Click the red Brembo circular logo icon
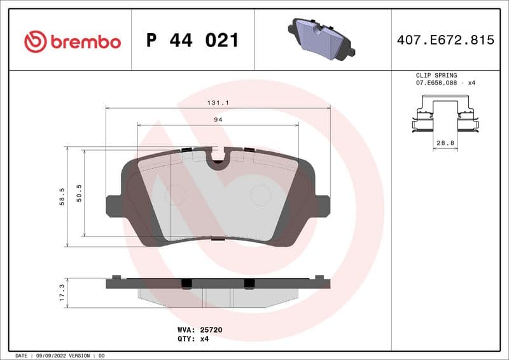[x=36, y=41]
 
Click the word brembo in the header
[x=85, y=42]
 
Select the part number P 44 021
[x=192, y=41]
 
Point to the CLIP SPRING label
[x=436, y=75]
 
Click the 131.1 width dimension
[x=218, y=102]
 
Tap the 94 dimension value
[x=218, y=119]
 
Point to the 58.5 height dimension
[x=61, y=196]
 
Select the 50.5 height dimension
[x=79, y=193]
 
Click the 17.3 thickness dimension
[x=62, y=293]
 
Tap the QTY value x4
[x=204, y=339]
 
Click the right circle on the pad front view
[x=260, y=195]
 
